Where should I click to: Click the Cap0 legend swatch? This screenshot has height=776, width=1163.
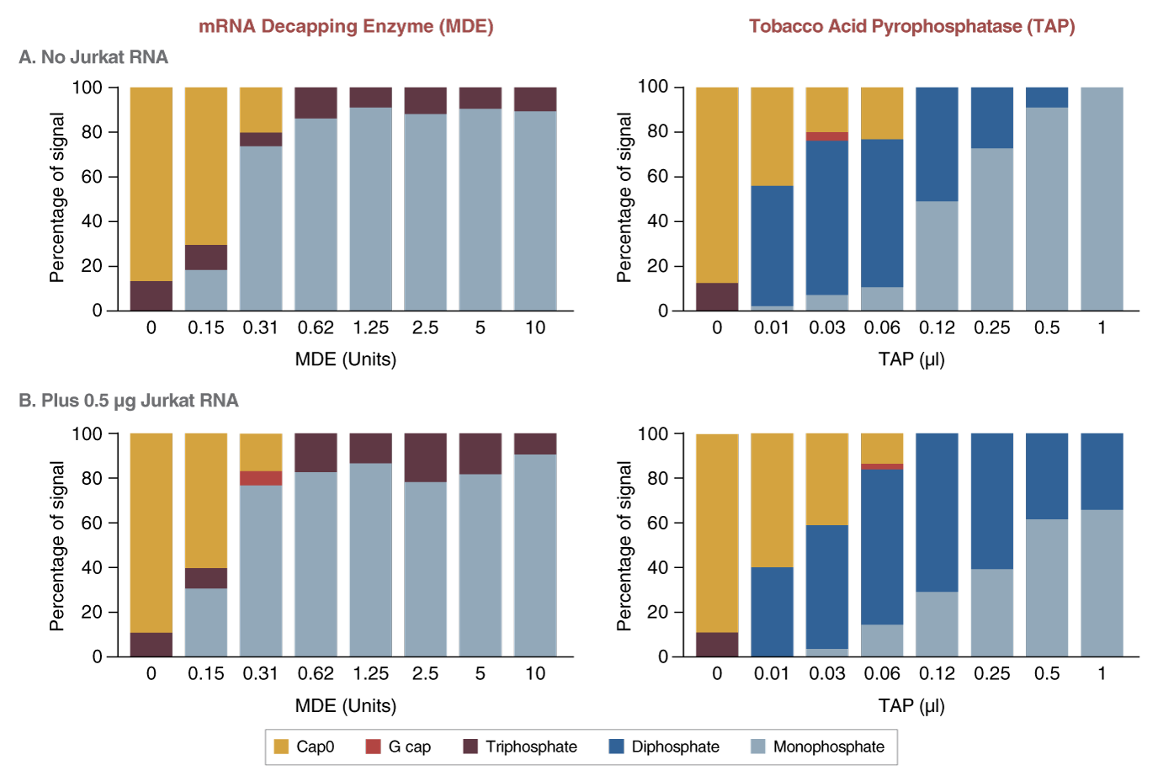point(282,747)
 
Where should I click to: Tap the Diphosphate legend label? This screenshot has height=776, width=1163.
point(675,747)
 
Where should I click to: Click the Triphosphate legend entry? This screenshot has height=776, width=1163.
point(520,747)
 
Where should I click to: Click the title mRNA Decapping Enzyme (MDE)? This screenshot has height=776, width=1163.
point(346,26)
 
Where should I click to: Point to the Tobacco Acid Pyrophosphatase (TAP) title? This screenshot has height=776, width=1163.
point(912,26)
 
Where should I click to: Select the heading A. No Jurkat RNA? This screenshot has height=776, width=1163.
point(93,57)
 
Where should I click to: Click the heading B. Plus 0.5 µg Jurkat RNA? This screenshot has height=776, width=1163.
point(129,401)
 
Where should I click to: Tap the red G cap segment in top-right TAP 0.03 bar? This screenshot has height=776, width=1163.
point(827,136)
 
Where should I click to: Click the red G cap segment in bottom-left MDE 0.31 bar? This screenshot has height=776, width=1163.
point(261,478)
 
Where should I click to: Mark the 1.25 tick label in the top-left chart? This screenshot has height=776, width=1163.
point(370,328)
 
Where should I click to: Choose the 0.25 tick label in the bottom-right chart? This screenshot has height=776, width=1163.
point(992,674)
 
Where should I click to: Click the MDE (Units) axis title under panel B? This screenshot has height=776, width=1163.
point(346,705)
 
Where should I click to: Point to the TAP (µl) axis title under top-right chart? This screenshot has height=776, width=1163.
point(911,359)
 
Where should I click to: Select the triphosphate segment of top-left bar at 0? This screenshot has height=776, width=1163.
point(151,295)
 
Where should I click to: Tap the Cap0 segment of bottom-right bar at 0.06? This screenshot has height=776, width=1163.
point(882,448)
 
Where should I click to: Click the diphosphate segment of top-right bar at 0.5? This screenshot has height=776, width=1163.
point(1047,97)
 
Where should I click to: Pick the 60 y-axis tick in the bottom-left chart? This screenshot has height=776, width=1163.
point(91,523)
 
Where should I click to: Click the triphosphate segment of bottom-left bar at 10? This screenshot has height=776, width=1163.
point(535,444)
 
